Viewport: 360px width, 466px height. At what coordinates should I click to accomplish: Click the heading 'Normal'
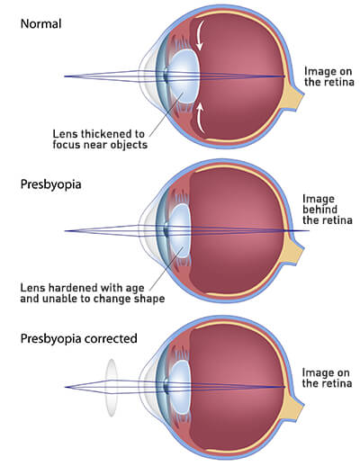pos(40,23)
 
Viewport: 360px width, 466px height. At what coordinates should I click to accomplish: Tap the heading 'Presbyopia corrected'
pos(79,338)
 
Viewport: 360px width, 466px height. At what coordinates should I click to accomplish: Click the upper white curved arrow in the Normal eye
pos(200,34)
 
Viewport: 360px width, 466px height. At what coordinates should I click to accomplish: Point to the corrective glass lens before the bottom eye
pos(112,388)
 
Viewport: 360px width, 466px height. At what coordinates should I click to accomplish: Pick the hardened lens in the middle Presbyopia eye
pos(180,231)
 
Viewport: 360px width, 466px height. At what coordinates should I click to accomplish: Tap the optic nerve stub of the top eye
pos(292,95)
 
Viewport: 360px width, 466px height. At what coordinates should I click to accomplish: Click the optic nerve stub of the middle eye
pos(292,249)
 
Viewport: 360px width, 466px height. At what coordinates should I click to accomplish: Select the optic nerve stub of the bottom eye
pos(292,406)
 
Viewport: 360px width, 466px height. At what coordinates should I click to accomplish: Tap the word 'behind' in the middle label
pos(319,210)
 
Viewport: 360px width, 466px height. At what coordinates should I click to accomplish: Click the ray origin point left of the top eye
pos(65,76)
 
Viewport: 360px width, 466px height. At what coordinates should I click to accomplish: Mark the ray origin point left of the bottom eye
pos(65,387)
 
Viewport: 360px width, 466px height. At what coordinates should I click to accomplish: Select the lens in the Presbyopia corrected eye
pos(179,387)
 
